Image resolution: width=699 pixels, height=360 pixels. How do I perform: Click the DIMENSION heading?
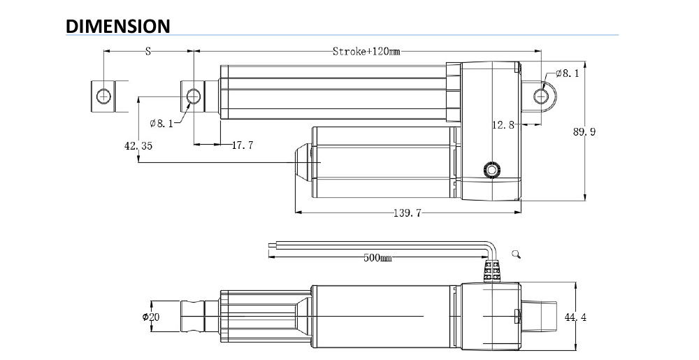118,26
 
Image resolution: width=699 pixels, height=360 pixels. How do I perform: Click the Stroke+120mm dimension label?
366,51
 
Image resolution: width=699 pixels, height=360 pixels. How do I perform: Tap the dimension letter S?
147,51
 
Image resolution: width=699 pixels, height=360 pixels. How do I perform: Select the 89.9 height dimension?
584,131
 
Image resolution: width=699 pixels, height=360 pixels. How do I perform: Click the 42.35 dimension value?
138,146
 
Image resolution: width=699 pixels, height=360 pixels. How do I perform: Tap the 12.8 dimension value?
503,125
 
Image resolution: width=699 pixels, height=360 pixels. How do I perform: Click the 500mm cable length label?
377,258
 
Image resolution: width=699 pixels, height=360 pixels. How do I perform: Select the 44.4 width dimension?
575,318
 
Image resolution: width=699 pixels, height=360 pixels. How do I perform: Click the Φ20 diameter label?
150,317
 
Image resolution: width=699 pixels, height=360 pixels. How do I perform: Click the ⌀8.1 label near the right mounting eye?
567,73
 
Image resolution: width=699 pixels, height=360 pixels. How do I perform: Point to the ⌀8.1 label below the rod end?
161,124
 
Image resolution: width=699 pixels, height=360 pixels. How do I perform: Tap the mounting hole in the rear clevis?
542,95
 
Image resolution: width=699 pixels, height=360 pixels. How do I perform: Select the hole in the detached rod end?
104,95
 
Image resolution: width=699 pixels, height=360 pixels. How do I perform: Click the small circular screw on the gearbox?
492,170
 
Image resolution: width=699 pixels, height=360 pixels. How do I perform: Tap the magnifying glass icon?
517,254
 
